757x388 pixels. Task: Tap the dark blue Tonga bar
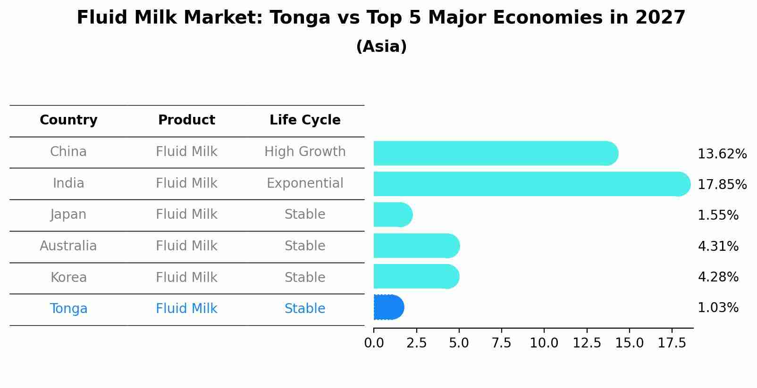388,307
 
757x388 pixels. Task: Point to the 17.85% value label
722,184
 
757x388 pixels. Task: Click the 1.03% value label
718,308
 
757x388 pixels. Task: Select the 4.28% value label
718,277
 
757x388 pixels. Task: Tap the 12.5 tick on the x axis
587,343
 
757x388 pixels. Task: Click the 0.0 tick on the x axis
374,343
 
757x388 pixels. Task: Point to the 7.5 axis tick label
501,343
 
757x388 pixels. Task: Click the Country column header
68,120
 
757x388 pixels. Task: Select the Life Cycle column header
305,120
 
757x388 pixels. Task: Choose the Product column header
186,120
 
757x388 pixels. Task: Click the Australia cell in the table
68,246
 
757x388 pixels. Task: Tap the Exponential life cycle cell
305,183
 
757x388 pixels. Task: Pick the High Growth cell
305,152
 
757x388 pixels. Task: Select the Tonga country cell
68,309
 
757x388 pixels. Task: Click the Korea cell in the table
68,278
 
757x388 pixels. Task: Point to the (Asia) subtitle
381,47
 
